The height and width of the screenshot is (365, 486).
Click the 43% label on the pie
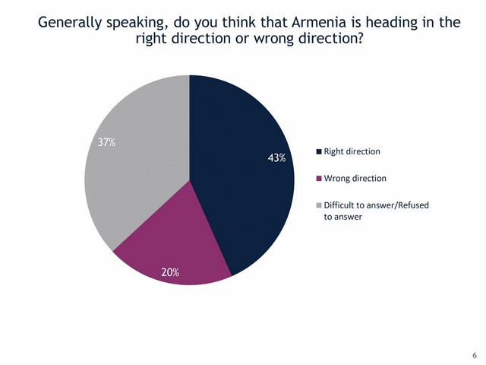[276, 158]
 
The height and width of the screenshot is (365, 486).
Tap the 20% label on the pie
[170, 272]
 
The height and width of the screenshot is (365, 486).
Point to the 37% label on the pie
[106, 142]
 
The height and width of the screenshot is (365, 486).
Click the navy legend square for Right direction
[319, 152]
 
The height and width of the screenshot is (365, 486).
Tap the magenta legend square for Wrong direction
[319, 179]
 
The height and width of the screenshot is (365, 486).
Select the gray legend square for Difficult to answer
[319, 205]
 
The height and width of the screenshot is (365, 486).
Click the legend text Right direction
[352, 151]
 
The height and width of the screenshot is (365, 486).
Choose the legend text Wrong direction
[355, 179]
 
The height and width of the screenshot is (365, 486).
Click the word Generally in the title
[70, 23]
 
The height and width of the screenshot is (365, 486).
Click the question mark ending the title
[359, 38]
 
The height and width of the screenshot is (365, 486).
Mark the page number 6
[475, 355]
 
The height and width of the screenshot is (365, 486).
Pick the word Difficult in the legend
[338, 205]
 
